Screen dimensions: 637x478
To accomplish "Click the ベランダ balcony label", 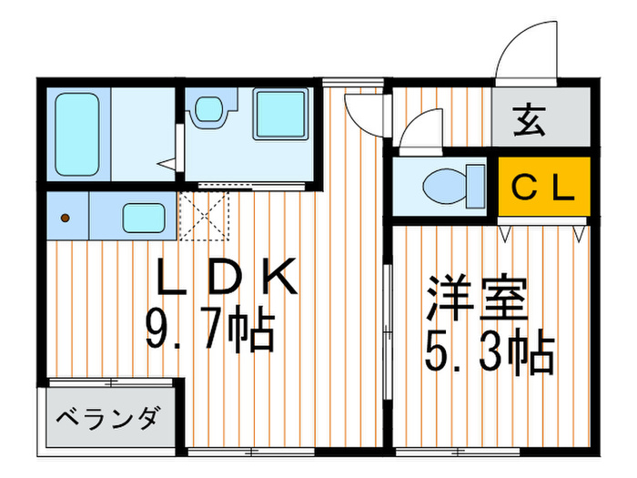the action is point(109,420).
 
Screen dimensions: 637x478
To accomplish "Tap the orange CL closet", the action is point(543,188).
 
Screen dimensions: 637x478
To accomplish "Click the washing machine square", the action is point(280,114).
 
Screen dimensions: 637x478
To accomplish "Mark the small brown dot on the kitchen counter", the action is point(66,219).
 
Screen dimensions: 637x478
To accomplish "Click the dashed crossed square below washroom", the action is point(205,217).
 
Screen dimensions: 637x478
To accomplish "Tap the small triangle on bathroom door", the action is point(166,165).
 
